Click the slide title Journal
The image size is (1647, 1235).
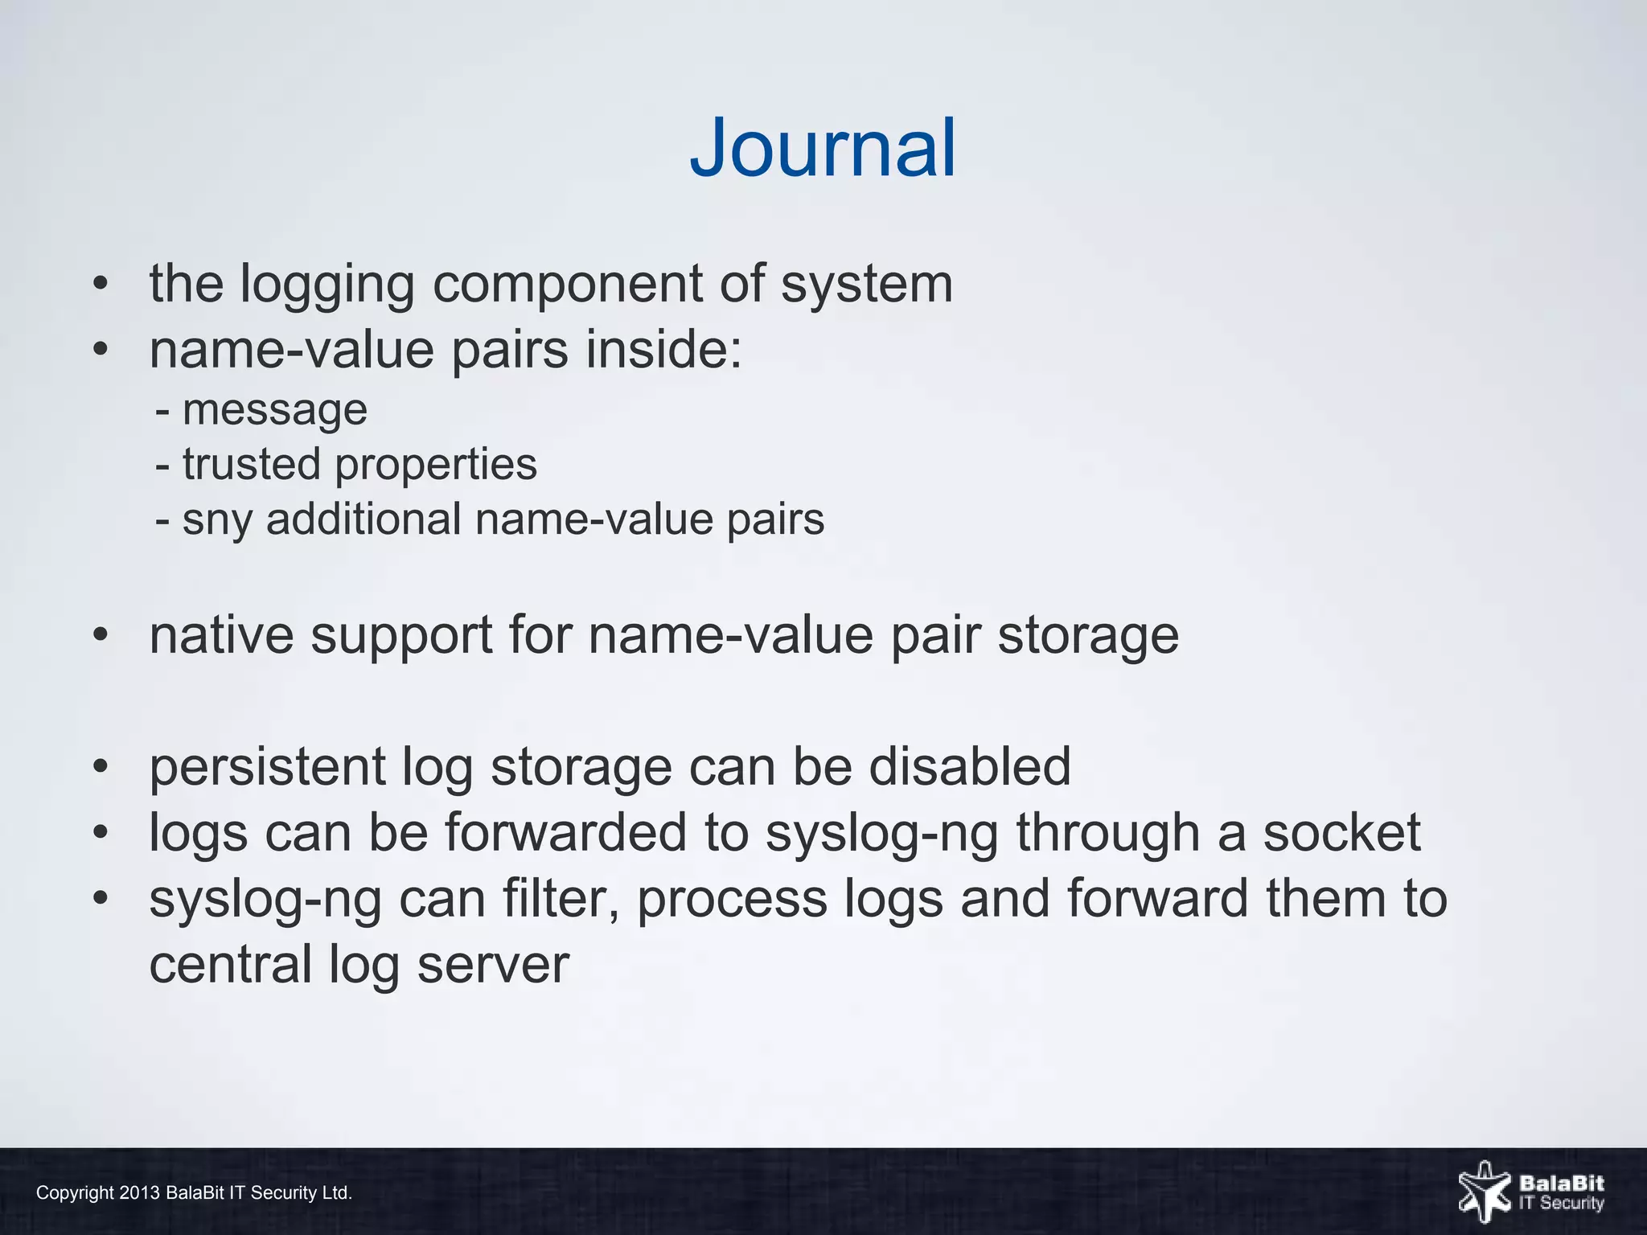pyautogui.click(x=823, y=149)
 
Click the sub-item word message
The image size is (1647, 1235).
pyautogui.click(x=275, y=411)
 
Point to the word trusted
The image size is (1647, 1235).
pyautogui.click(x=251, y=465)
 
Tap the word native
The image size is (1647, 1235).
pyautogui.click(x=221, y=635)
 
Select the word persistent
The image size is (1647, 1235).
pyautogui.click(x=267, y=767)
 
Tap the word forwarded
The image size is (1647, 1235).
pyautogui.click(x=565, y=832)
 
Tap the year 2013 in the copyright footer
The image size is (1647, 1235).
pyautogui.click(x=139, y=1193)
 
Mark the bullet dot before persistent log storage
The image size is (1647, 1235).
pyautogui.click(x=100, y=766)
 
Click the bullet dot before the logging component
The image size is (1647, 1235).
pyautogui.click(x=100, y=285)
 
